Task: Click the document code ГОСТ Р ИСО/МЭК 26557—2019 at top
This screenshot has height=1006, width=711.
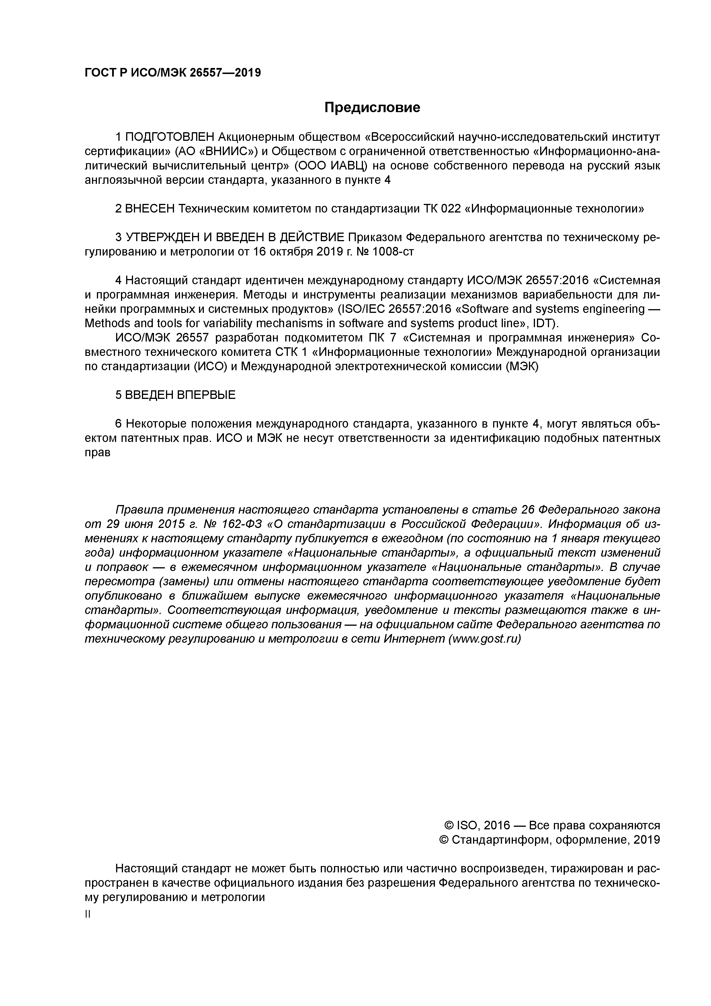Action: click(x=173, y=73)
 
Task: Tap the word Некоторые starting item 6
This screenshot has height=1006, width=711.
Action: click(x=155, y=424)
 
